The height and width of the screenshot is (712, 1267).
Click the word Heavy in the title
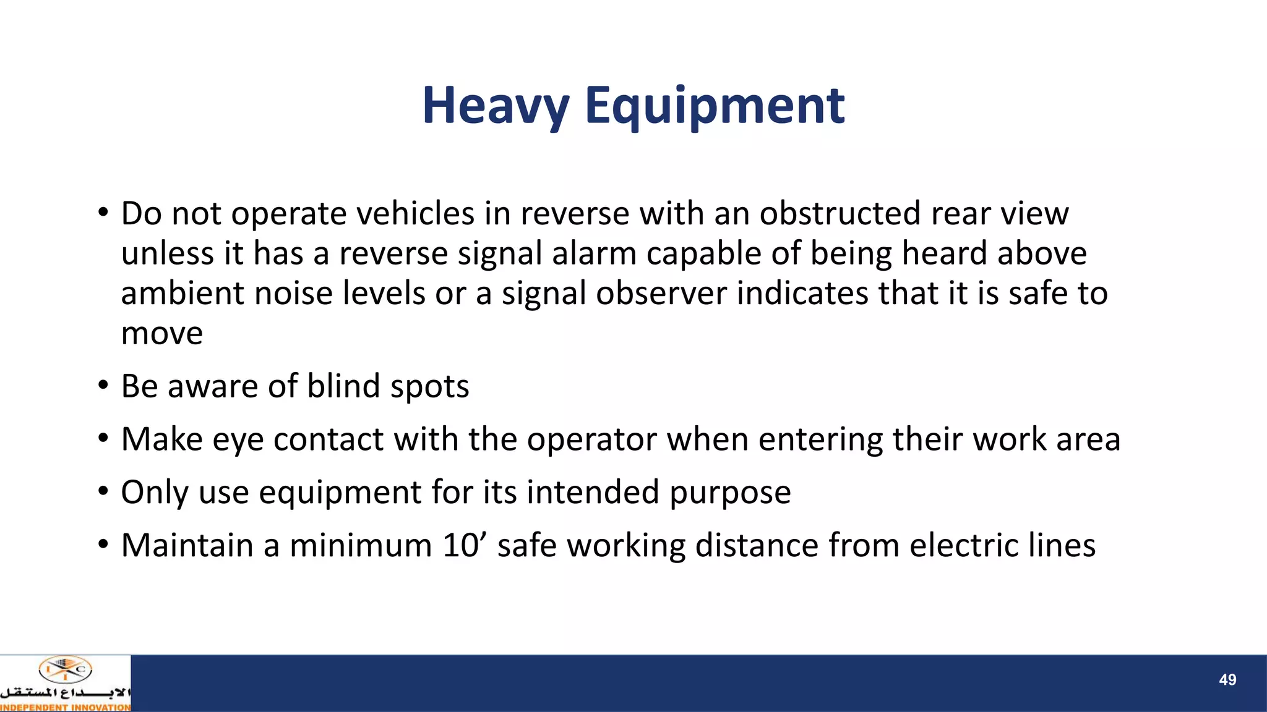point(495,106)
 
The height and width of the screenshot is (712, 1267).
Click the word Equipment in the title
point(715,106)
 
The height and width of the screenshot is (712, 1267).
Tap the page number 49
point(1227,680)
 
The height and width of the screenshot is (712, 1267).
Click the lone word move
point(162,334)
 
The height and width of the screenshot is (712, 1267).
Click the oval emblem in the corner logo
point(65,670)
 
